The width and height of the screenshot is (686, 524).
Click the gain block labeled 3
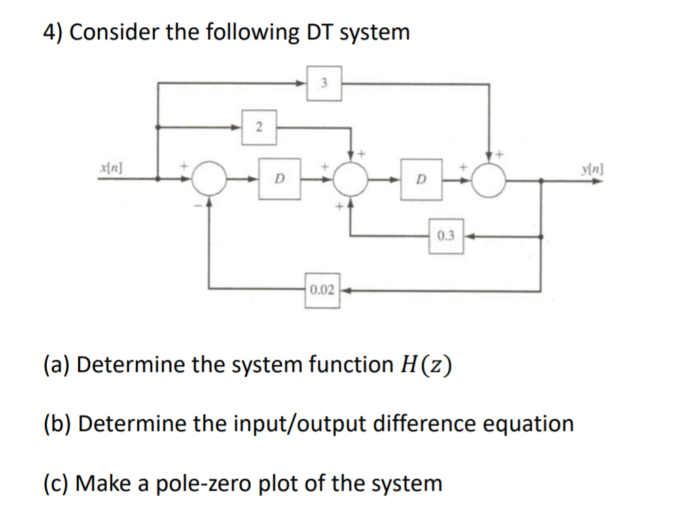click(x=324, y=83)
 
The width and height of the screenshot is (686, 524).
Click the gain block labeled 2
click(x=259, y=127)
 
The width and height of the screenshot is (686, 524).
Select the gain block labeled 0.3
click(x=446, y=236)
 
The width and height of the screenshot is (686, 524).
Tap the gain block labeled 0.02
click(x=322, y=291)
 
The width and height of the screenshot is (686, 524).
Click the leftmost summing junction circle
click(x=209, y=180)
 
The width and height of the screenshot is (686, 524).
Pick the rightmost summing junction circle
click(x=489, y=180)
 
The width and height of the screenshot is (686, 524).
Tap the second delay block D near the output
click(x=421, y=180)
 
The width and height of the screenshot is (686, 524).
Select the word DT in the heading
click(x=318, y=32)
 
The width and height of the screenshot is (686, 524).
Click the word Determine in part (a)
click(x=129, y=364)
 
